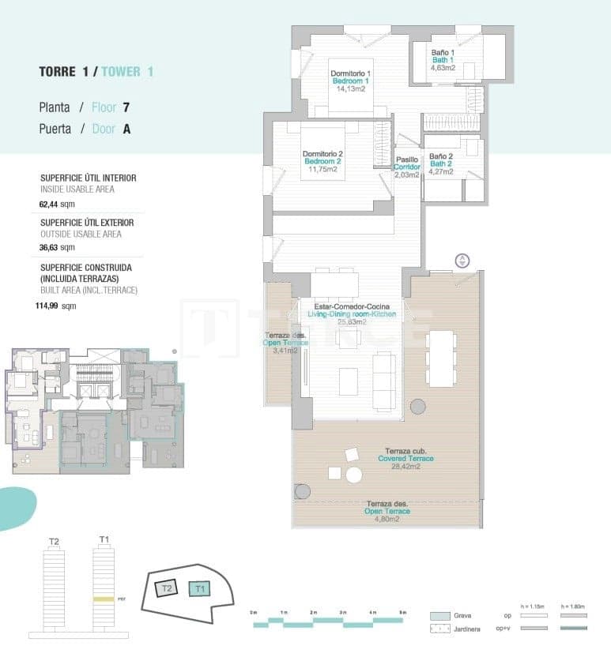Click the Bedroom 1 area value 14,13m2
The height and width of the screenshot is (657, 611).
click(x=350, y=89)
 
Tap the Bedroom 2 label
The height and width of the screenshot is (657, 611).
click(x=322, y=161)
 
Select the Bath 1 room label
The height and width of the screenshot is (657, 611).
click(x=442, y=60)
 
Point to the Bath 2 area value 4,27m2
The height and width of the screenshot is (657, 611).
click(x=440, y=171)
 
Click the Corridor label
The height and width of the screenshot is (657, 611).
click(x=407, y=167)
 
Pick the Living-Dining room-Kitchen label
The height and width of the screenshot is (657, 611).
click(x=352, y=314)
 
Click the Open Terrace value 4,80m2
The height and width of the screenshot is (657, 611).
click(x=387, y=519)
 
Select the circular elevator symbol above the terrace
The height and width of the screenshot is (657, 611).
click(x=462, y=261)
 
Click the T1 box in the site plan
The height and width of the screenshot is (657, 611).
click(x=200, y=588)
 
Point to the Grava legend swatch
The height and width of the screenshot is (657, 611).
click(x=440, y=616)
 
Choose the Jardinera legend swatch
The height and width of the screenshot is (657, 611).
click(x=440, y=629)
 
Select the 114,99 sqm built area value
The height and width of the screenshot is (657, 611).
click(x=58, y=306)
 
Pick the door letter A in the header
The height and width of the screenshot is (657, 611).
click(x=126, y=129)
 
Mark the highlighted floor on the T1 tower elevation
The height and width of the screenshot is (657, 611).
click(x=104, y=599)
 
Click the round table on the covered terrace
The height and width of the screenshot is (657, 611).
click(x=354, y=475)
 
